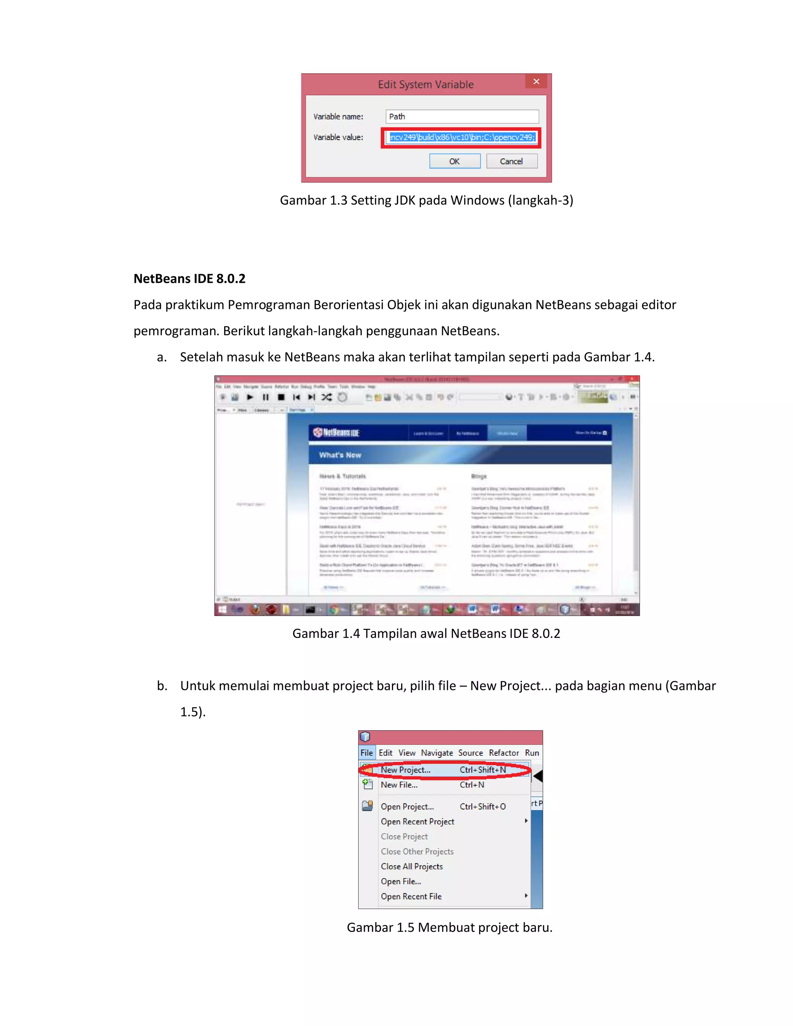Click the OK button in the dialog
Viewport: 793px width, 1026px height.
click(x=454, y=161)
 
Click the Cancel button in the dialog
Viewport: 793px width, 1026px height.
click(x=511, y=161)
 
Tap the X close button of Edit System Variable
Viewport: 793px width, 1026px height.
click(x=536, y=82)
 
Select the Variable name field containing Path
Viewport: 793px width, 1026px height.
click(x=462, y=117)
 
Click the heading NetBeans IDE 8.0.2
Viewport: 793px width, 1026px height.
click(x=189, y=279)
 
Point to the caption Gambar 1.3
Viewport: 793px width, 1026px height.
click(x=426, y=200)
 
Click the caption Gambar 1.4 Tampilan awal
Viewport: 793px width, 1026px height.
click(x=426, y=633)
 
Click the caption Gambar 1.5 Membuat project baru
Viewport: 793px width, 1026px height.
click(x=449, y=927)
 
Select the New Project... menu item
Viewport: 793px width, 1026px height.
click(x=405, y=770)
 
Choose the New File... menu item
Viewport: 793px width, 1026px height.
click(x=399, y=784)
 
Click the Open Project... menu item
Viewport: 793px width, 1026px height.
click(x=407, y=806)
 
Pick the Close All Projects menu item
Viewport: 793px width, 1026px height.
click(x=412, y=866)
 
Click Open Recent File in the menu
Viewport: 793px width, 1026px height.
click(x=411, y=896)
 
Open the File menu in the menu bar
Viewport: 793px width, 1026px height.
click(x=366, y=753)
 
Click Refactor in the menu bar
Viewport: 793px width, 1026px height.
click(x=504, y=753)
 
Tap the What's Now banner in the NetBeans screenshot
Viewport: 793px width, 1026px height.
click(x=340, y=455)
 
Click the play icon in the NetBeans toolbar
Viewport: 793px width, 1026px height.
click(x=250, y=397)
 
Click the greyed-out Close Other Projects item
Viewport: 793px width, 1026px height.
click(x=417, y=851)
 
